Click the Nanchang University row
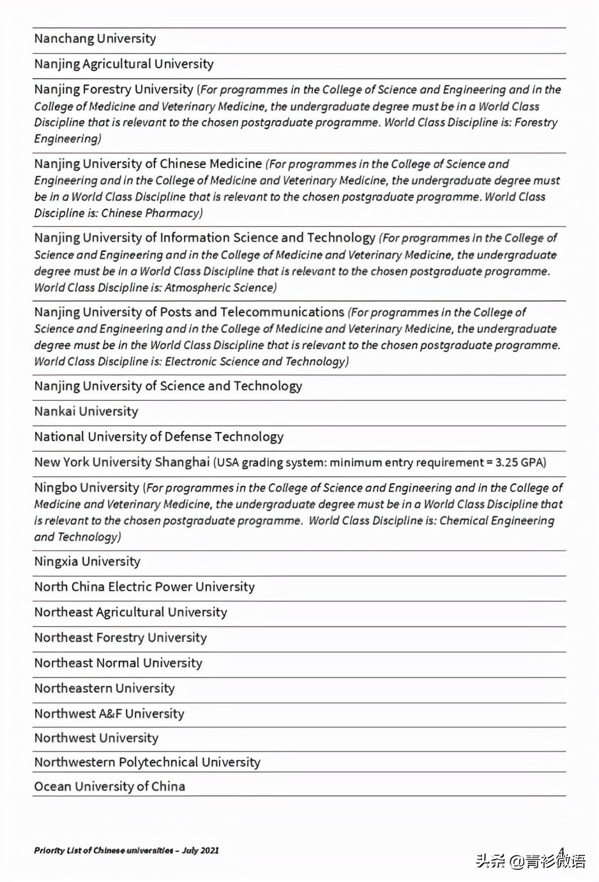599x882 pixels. (95, 39)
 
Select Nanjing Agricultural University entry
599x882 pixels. (124, 64)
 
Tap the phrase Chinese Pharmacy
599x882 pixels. (151, 213)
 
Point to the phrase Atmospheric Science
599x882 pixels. (220, 288)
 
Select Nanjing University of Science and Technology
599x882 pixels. (168, 386)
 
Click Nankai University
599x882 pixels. (86, 412)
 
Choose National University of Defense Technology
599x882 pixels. (159, 437)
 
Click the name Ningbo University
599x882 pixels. (87, 488)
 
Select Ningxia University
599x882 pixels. (87, 562)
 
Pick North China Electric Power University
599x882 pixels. (144, 587)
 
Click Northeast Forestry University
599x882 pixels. (121, 638)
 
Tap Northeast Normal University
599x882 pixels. (118, 663)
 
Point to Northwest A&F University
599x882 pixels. (109, 714)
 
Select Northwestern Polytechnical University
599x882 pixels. (148, 762)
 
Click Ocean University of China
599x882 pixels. (110, 787)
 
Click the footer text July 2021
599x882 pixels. (201, 851)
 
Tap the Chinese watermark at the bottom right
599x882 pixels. (530, 861)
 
